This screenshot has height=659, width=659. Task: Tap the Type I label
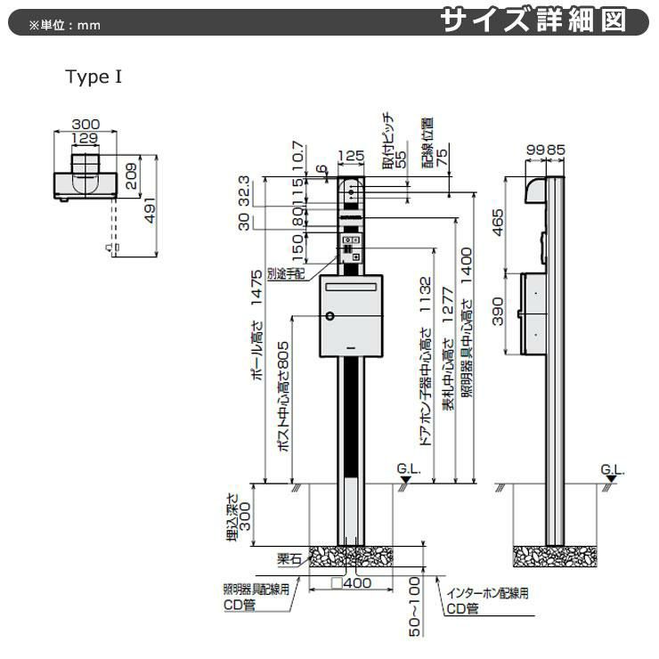click(x=93, y=77)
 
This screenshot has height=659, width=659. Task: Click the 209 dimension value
click(x=132, y=174)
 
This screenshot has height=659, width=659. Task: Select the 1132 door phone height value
click(x=425, y=294)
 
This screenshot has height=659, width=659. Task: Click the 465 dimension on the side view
click(x=499, y=223)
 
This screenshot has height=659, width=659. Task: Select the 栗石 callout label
click(x=289, y=558)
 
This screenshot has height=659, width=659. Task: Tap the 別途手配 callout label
click(x=285, y=271)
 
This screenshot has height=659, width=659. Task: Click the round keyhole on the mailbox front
click(x=329, y=316)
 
